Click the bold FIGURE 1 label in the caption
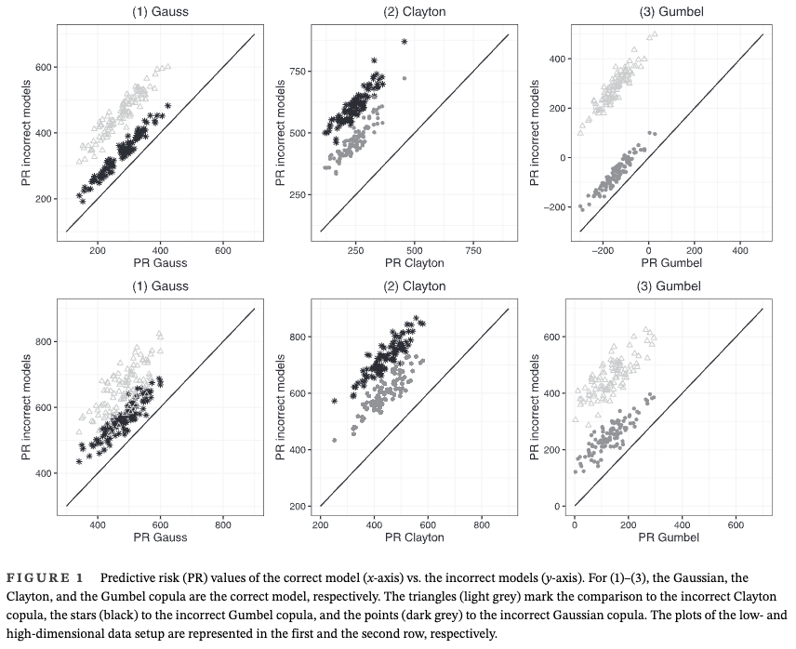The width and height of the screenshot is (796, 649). [x=44, y=578]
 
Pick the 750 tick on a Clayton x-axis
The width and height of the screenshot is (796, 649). [x=473, y=249]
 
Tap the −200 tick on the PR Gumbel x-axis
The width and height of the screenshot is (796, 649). [x=604, y=249]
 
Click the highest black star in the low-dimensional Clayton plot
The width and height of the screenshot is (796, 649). [x=405, y=42]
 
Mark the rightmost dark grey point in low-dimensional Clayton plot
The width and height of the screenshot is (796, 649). [x=405, y=78]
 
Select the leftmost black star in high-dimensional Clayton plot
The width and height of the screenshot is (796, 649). [x=334, y=401]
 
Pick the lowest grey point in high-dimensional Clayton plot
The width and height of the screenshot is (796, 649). [x=334, y=440]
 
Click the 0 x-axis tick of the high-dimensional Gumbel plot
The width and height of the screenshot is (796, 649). [x=575, y=524]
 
